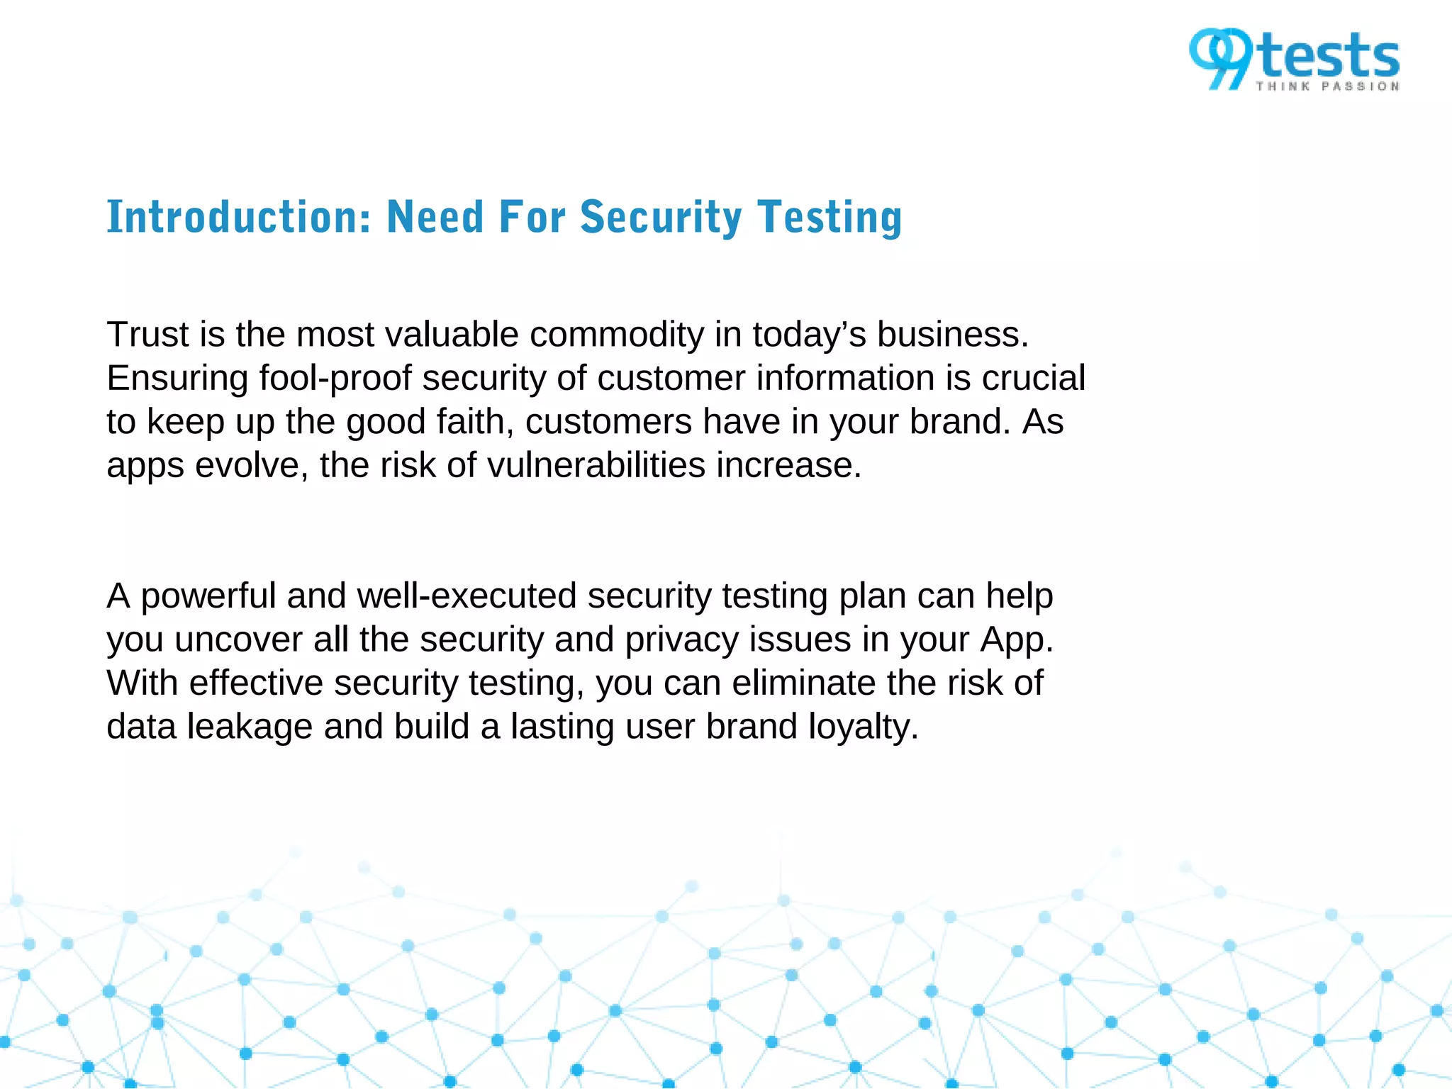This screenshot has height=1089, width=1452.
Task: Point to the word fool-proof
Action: (x=335, y=378)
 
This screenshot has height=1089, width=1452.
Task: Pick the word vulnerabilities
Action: (x=596, y=465)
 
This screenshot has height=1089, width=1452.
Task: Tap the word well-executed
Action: (x=467, y=596)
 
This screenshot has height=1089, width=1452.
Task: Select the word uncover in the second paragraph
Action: (x=238, y=640)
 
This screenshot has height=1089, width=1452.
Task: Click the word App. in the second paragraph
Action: (x=1017, y=640)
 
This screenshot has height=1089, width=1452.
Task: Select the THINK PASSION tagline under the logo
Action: (x=1328, y=86)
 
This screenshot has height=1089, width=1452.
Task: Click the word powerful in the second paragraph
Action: (x=208, y=596)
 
